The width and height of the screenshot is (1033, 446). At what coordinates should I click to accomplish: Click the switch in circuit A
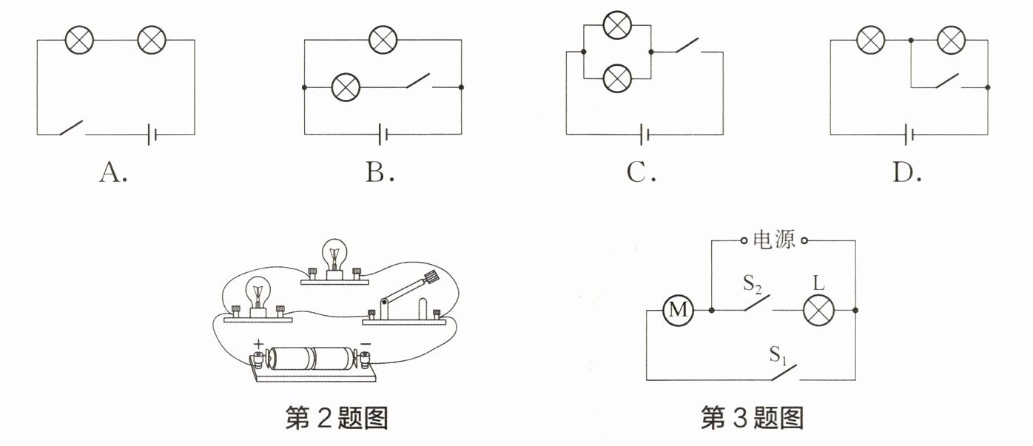72,128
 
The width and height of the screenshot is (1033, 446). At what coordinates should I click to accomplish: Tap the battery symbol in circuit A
152,134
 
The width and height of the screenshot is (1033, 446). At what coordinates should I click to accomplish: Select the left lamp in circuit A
79,40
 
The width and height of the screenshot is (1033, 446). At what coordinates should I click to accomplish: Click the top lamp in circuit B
383,40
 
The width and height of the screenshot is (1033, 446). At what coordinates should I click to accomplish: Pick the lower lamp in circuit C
617,78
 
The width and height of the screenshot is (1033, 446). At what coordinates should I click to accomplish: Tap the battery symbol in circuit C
645,135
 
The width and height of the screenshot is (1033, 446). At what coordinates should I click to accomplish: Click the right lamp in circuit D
951,40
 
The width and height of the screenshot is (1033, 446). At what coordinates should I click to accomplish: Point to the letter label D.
907,173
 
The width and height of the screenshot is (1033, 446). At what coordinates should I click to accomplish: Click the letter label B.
380,173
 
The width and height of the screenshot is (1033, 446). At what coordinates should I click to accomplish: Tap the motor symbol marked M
678,310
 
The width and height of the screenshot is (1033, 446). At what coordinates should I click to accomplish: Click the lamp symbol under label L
818,310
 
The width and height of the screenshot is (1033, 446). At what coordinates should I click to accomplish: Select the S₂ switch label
753,284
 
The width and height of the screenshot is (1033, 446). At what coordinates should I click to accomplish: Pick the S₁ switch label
778,355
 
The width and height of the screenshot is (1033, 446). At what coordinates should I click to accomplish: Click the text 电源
774,240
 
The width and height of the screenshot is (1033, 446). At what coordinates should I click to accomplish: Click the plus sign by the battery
258,344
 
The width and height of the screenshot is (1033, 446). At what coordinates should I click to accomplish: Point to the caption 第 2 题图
337,418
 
